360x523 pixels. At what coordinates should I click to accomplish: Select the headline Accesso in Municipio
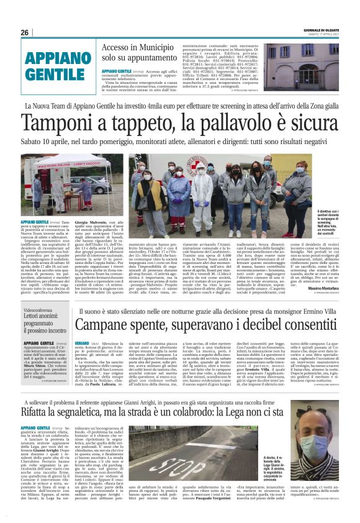point(145,48)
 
